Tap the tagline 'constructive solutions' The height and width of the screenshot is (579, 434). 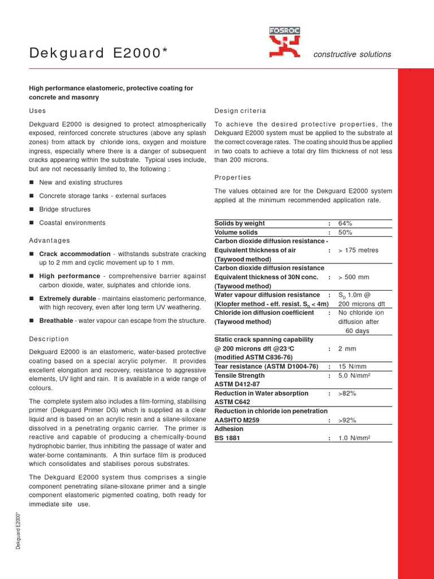(x=351, y=54)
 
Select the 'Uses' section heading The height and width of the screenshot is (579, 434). (x=37, y=111)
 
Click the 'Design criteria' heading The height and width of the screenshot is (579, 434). (x=240, y=111)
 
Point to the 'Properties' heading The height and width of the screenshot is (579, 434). (x=233, y=178)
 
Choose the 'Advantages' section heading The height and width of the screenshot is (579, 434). (x=50, y=240)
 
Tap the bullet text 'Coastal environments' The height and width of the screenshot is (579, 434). (x=72, y=223)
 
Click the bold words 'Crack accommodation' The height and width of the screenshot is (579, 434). (x=75, y=254)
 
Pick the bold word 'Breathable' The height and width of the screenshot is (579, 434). (x=56, y=321)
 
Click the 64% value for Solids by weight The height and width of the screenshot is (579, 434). (x=345, y=223)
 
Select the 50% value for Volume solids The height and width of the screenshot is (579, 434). (x=345, y=232)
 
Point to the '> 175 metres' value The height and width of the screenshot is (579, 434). (x=358, y=250)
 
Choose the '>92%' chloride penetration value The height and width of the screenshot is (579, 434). (x=347, y=420)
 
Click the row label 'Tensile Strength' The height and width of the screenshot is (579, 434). (x=240, y=375)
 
